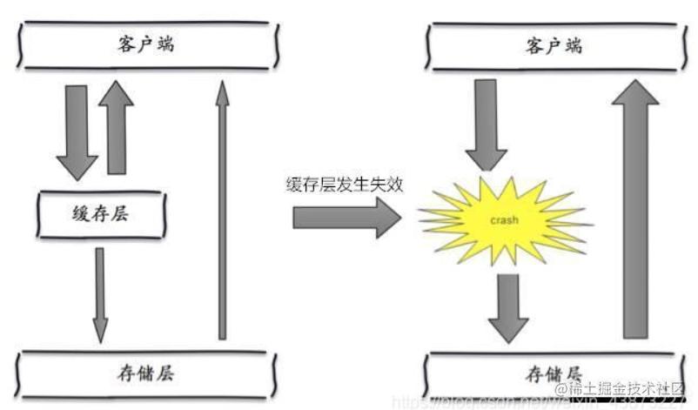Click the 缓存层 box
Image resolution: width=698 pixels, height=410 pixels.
pyautogui.click(x=100, y=214)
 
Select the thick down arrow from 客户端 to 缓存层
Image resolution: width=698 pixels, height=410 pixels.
pyautogui.click(x=76, y=131)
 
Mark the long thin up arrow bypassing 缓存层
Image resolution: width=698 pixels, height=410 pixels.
pyautogui.click(x=222, y=209)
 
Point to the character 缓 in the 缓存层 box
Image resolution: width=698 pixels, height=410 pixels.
pyautogui.click(x=79, y=214)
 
